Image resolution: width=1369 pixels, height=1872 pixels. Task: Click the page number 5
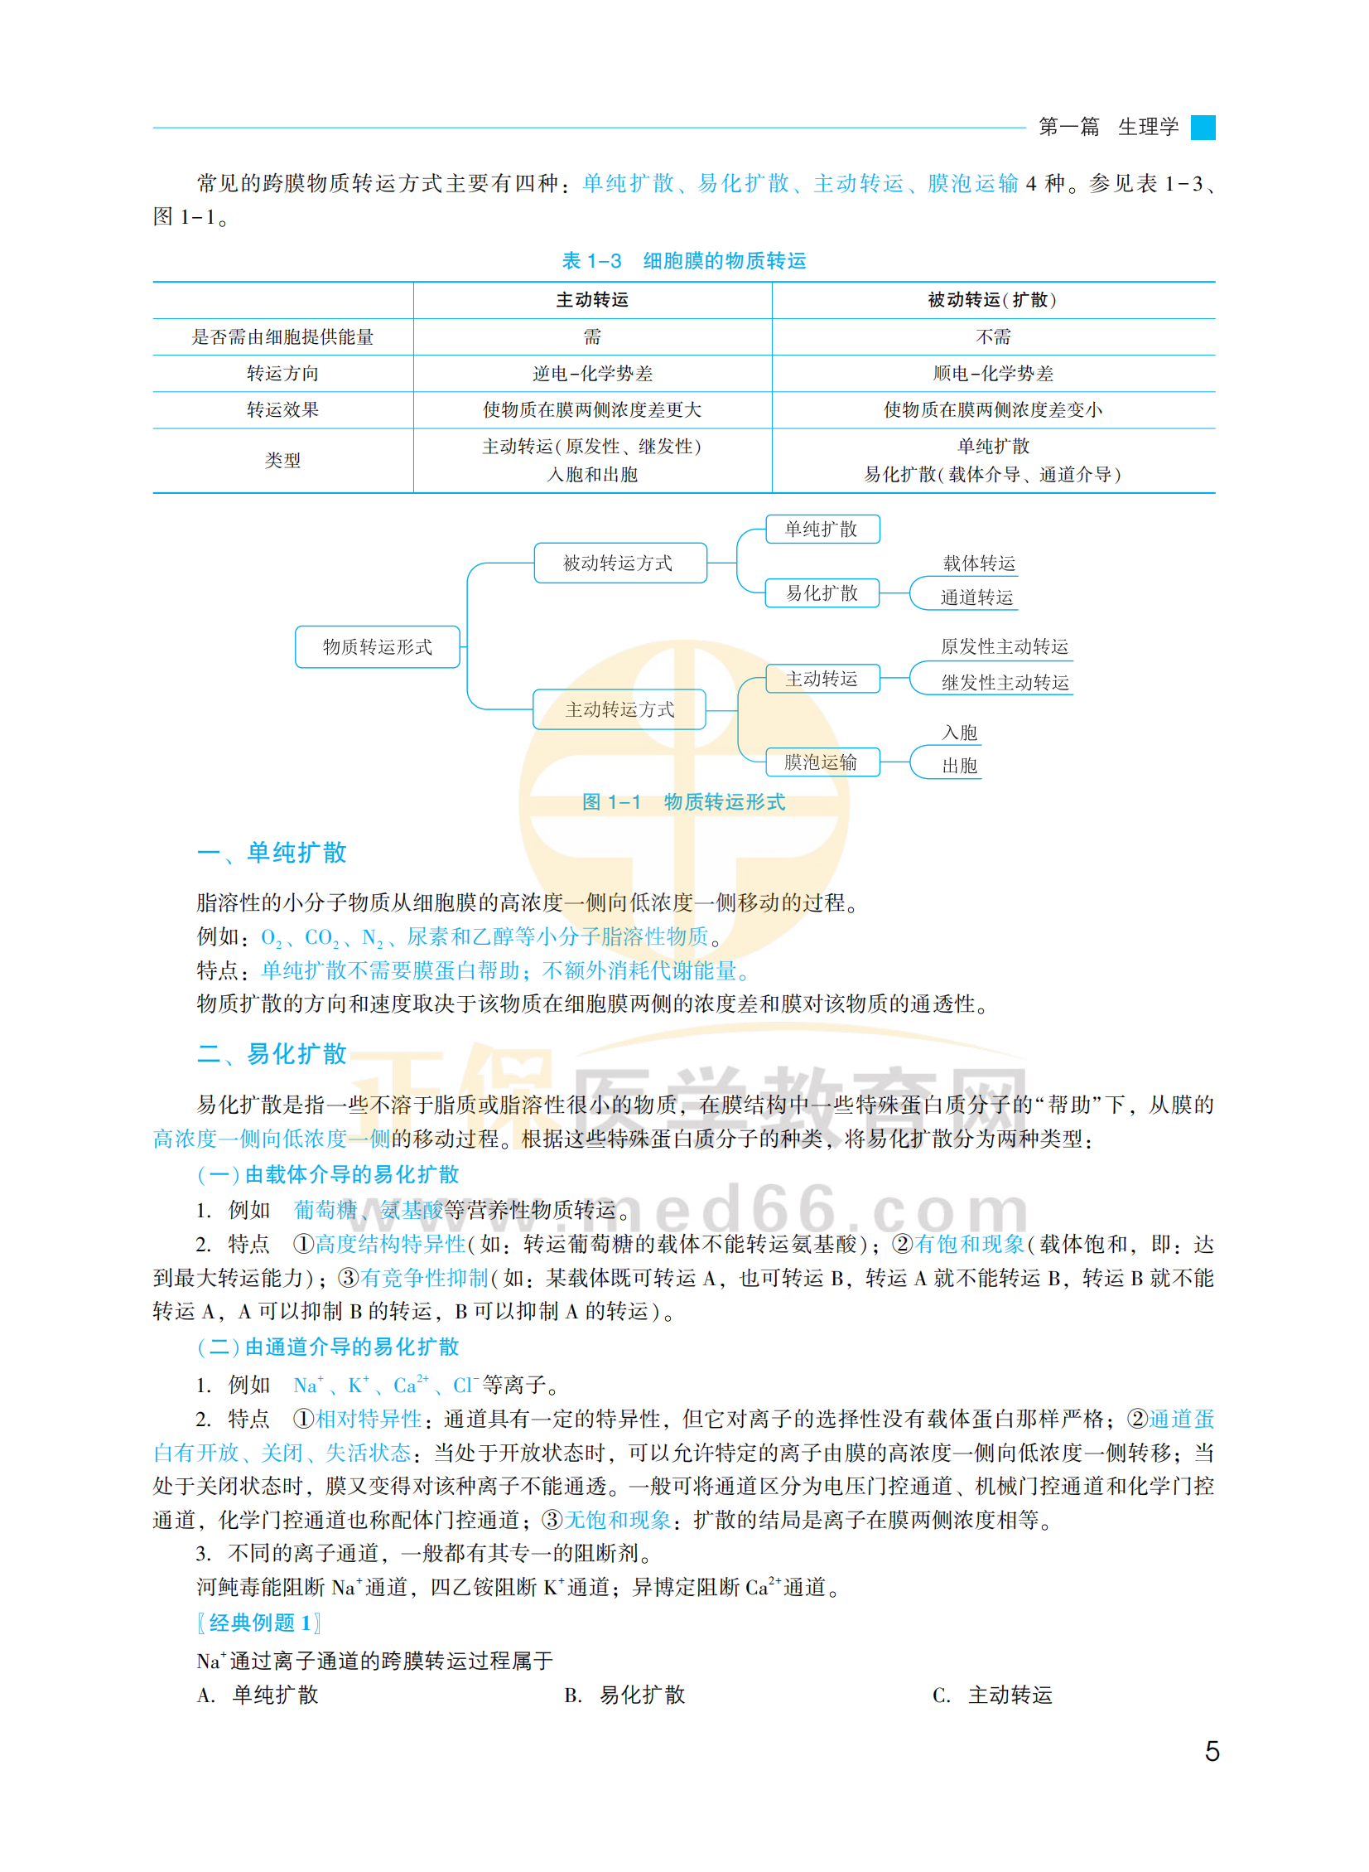(1212, 1750)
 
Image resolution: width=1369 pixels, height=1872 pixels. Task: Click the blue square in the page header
(1203, 128)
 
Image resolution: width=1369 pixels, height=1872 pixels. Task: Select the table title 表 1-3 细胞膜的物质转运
(683, 261)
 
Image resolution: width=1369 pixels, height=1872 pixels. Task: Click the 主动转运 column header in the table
(591, 300)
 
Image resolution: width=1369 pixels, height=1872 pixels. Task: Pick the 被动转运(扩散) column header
(992, 300)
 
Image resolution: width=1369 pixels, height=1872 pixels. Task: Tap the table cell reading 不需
(992, 336)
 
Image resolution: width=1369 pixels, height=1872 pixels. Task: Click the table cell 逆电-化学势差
(591, 374)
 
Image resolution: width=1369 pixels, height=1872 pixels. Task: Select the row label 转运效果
(282, 409)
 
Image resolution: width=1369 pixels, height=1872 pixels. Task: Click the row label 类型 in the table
(282, 460)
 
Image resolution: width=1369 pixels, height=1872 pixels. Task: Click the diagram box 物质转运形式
(377, 646)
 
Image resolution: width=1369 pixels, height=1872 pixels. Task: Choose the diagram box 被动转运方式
(619, 563)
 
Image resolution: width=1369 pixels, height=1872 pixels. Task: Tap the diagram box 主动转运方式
(619, 709)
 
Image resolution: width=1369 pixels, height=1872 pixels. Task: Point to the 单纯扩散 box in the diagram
(821, 529)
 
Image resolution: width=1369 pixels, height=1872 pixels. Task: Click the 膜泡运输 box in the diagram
(821, 762)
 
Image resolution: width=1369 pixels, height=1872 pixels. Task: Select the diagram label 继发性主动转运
(1005, 682)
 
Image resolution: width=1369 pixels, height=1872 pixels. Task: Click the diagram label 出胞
(960, 766)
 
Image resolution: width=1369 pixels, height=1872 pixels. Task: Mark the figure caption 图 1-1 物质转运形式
(683, 801)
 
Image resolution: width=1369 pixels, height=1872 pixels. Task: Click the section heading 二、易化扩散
(272, 1054)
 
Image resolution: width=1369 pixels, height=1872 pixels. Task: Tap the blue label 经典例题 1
(259, 1623)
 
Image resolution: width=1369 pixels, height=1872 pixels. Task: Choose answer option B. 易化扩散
(625, 1695)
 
